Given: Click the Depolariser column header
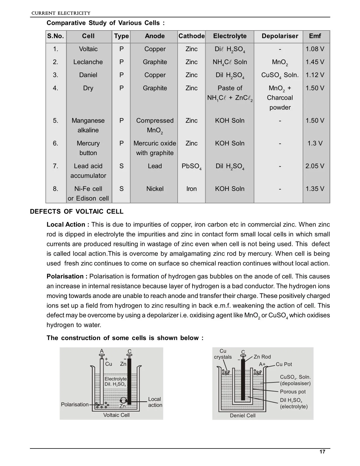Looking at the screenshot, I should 280,36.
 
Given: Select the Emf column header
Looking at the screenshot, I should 315,36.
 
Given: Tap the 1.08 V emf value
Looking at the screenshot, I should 315,49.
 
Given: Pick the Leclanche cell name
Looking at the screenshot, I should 88,62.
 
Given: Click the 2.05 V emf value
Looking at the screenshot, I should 315,166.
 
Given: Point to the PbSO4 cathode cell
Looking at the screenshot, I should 191,166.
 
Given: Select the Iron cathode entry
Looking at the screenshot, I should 191,189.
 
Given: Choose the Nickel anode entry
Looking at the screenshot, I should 155,189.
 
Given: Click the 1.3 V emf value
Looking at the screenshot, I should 315,143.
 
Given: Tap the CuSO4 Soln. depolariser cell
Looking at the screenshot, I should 280,75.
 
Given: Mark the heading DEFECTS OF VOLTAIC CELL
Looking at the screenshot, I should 77,212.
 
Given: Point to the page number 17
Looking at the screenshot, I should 322,452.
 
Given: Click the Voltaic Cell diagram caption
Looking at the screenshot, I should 116,415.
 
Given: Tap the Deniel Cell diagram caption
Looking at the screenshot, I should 243,416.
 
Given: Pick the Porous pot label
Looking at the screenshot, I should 293,392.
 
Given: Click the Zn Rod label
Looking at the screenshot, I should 262,357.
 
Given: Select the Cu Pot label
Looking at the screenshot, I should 284,364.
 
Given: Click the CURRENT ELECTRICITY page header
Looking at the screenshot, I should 61,13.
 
